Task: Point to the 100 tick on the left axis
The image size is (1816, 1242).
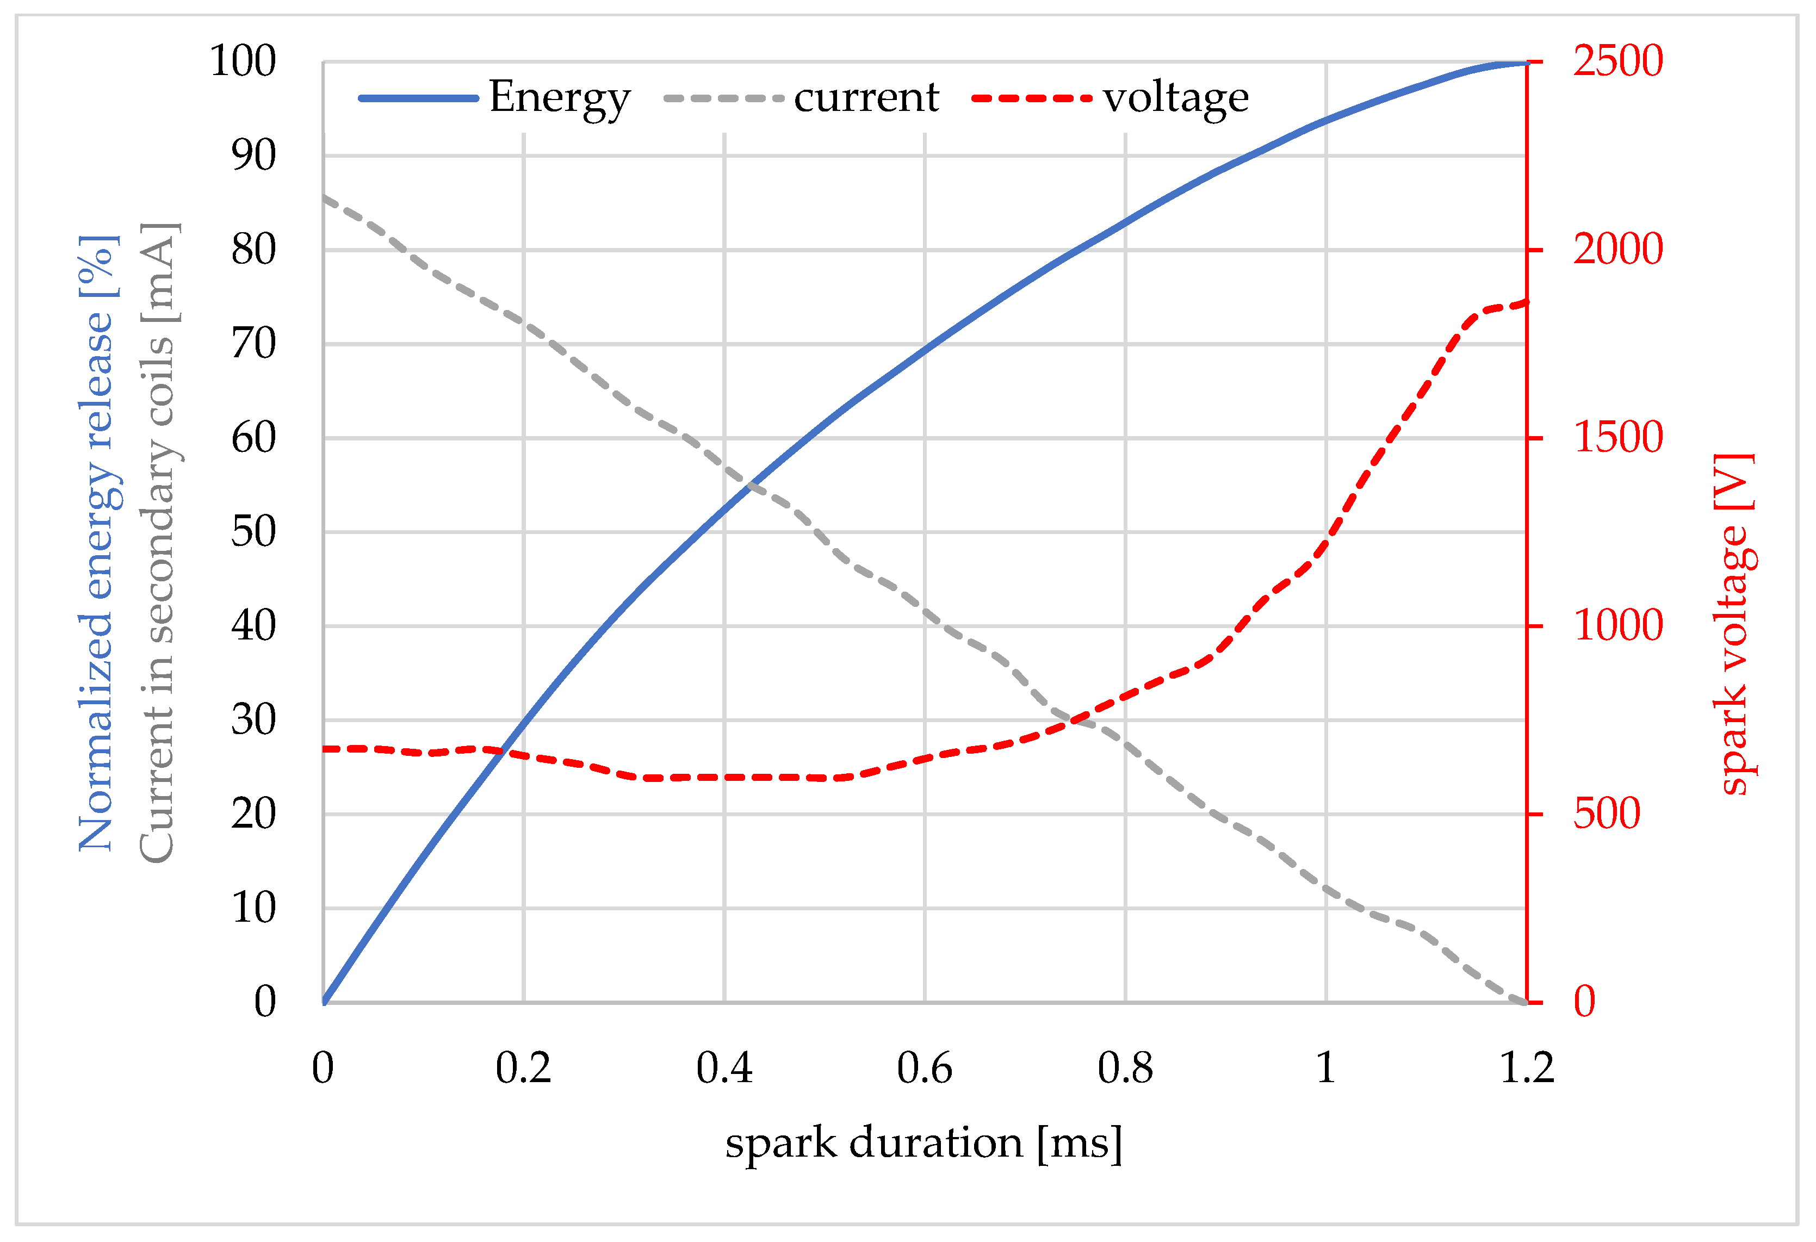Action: [x=243, y=61]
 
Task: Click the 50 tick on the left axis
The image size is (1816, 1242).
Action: [x=253, y=532]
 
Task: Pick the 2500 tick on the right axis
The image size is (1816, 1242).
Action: [x=1617, y=61]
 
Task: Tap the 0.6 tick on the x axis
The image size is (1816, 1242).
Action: [x=925, y=1069]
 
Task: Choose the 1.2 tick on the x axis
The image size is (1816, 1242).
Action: [x=1526, y=1069]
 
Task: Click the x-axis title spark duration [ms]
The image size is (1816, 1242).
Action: [x=924, y=1144]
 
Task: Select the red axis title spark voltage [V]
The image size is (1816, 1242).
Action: [x=1735, y=625]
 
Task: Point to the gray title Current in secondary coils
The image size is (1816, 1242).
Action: [x=159, y=543]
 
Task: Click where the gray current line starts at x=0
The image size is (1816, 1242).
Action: [x=324, y=197]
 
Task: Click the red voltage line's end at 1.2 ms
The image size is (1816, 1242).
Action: [x=1526, y=303]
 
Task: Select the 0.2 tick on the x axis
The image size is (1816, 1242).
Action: [x=524, y=1069]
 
